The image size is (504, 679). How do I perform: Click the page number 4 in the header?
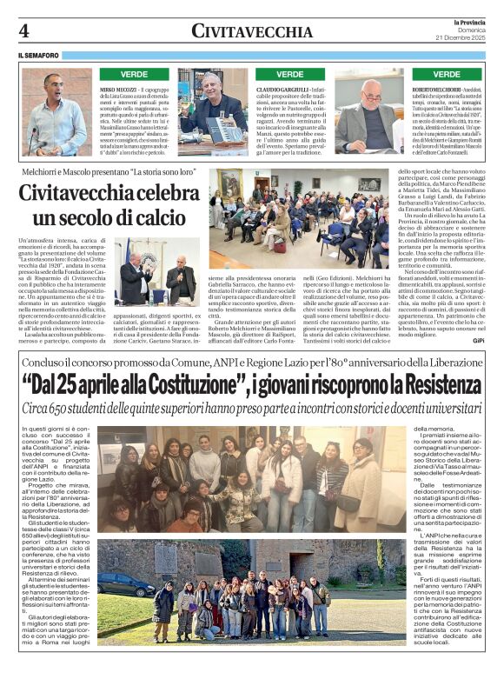[24, 30]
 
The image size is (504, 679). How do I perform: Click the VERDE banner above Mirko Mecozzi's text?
[134, 75]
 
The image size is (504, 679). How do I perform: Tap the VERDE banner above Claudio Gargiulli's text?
[289, 75]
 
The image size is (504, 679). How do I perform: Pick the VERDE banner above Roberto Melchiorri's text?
[446, 75]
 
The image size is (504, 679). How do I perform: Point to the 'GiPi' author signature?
[479, 342]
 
